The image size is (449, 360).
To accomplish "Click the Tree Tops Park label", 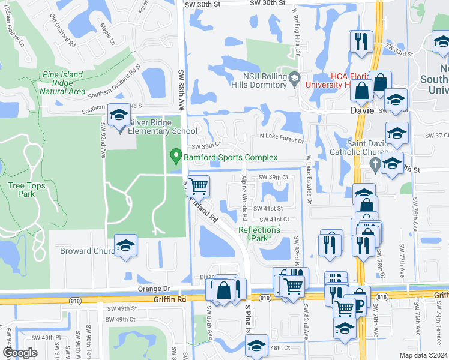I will (26, 190).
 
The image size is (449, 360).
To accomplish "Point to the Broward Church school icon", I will (125, 246).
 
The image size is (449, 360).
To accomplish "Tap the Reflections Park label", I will (259, 233).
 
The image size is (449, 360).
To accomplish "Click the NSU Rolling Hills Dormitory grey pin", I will (294, 77).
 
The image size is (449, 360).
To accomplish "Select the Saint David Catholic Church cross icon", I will (376, 164).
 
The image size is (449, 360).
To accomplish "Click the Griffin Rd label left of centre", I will (169, 298).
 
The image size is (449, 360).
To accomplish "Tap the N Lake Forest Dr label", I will (282, 139).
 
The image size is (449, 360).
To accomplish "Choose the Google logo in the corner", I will (20, 352).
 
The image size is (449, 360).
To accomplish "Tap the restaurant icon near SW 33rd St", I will (361, 41).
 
